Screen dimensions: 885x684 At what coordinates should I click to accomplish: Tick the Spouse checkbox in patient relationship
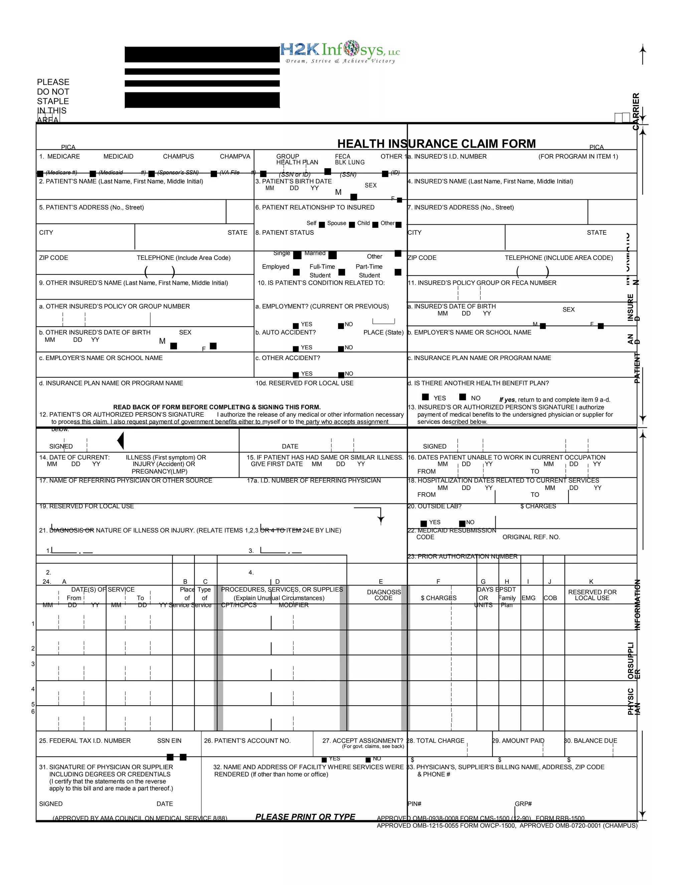click(352, 224)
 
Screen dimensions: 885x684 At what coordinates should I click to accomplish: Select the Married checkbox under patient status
click(332, 255)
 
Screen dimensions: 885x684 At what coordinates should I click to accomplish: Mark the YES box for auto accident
click(296, 349)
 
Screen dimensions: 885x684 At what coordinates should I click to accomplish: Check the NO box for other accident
click(341, 375)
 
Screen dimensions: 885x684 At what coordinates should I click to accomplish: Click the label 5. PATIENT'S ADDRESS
click(91, 207)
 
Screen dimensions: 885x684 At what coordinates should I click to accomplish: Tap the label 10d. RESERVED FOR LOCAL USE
click(304, 383)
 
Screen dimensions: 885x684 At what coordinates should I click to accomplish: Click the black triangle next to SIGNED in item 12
click(120, 440)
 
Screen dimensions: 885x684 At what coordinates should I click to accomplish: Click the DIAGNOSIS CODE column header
click(383, 595)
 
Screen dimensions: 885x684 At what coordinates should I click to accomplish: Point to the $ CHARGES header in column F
click(439, 598)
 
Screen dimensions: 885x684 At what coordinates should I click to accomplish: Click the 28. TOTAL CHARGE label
click(436, 741)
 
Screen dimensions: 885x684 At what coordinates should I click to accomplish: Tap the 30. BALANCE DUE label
click(591, 741)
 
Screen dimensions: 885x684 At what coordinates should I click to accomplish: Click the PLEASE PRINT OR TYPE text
click(305, 817)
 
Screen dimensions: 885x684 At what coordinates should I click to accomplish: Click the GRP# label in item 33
click(523, 804)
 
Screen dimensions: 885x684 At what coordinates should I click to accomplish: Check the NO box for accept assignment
click(368, 760)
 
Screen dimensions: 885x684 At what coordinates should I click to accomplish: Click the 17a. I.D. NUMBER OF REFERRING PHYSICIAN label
click(314, 481)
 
